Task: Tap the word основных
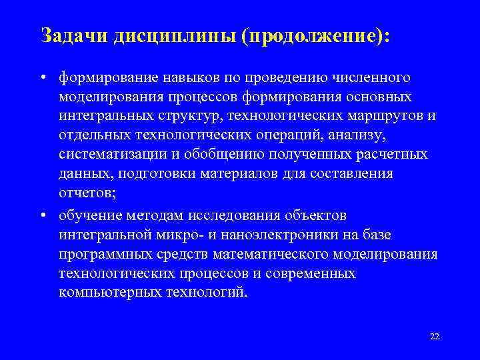377,98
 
